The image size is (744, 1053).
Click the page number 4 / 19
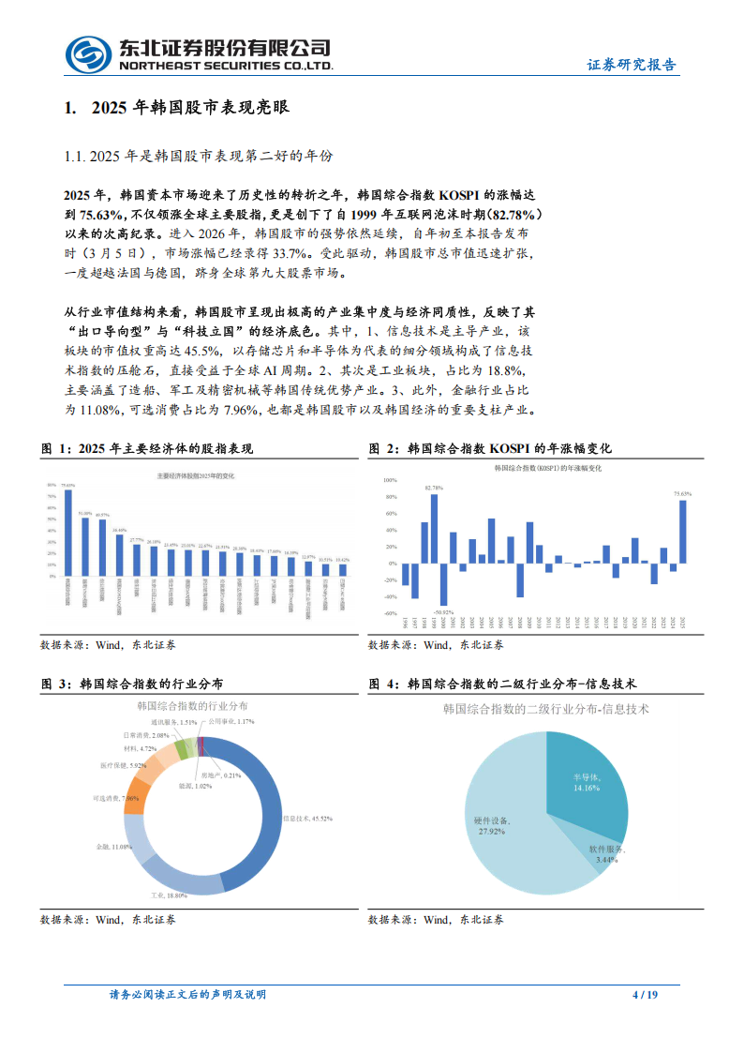coord(647,995)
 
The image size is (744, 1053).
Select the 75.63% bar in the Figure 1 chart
coord(67,532)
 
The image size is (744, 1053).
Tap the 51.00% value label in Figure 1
coord(85,513)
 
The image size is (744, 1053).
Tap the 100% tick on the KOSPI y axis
coord(391,479)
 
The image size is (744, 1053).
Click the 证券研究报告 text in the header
coord(632,66)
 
